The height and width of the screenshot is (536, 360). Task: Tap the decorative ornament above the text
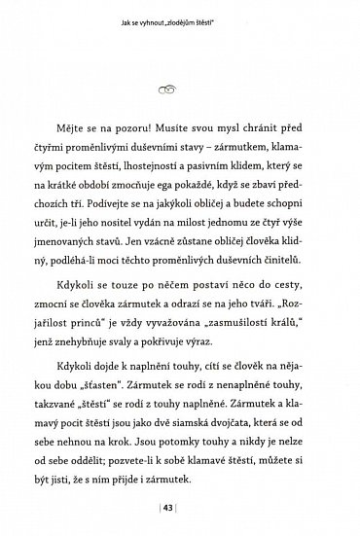click(x=181, y=89)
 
